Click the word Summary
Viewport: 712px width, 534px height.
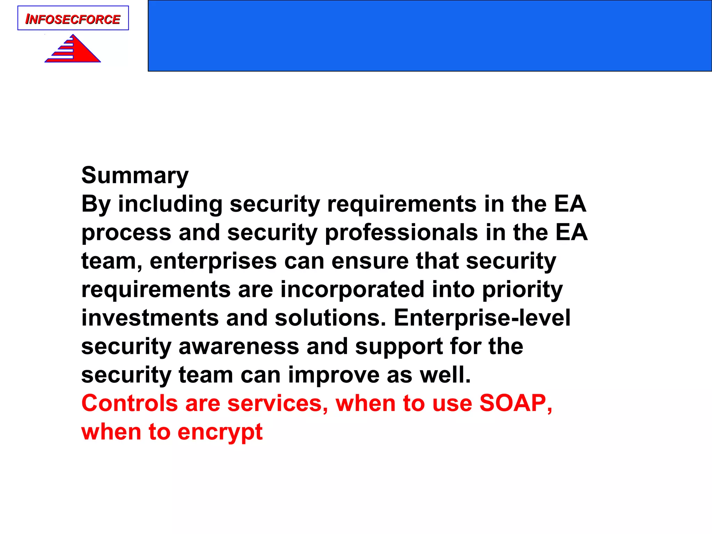point(135,176)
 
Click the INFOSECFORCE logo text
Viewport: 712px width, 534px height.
point(73,19)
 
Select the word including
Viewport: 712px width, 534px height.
point(170,204)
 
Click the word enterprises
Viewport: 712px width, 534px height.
point(213,261)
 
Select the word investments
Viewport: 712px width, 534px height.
point(149,318)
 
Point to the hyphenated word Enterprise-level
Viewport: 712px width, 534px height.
point(482,318)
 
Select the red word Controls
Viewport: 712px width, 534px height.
point(130,404)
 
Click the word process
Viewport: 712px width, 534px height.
point(126,233)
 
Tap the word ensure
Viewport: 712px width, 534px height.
point(370,261)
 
